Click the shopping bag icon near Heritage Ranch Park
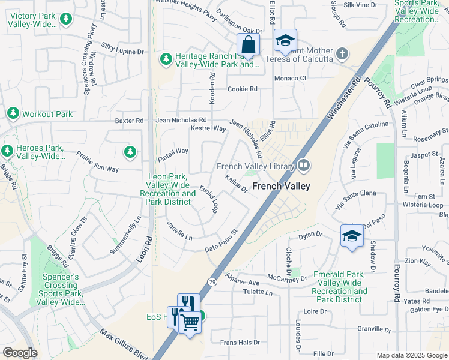(x=247, y=44)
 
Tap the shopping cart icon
(x=190, y=323)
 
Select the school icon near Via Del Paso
(x=352, y=236)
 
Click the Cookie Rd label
(x=242, y=89)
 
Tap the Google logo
(x=20, y=353)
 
